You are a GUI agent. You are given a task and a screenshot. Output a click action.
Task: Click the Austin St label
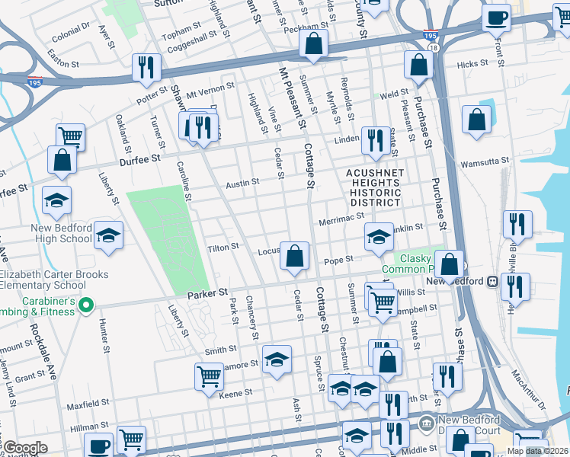pyautogui.click(x=242, y=183)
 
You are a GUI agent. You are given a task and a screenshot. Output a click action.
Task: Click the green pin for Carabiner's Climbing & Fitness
pyautogui.click(x=86, y=307)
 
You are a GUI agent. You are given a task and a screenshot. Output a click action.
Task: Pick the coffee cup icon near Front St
pyautogui.click(x=496, y=17)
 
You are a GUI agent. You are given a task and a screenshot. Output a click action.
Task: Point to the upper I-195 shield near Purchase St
pyautogui.click(x=431, y=34)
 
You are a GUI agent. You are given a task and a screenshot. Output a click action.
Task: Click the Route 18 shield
pyautogui.click(x=434, y=47)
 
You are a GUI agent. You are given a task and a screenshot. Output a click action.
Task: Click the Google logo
pyautogui.click(x=24, y=448)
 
